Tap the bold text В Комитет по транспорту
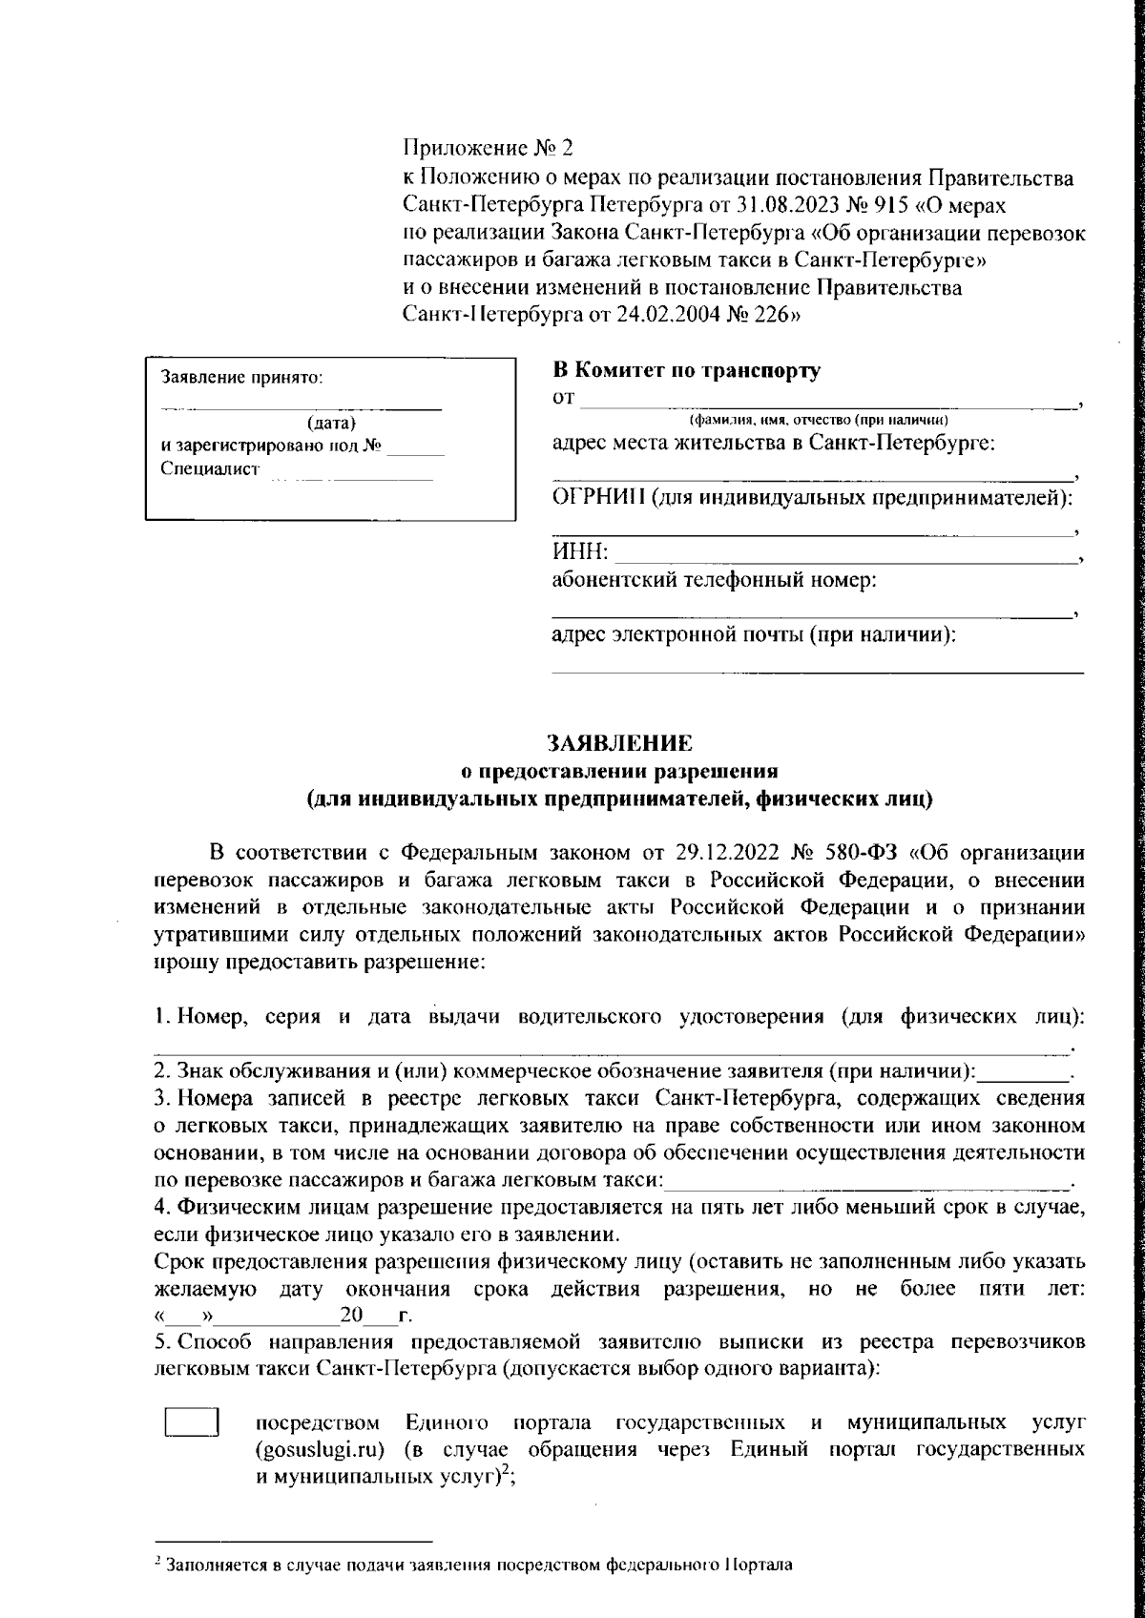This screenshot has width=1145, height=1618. coord(686,371)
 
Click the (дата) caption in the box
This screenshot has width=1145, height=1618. coord(331,423)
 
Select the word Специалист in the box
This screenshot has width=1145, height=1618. coord(210,469)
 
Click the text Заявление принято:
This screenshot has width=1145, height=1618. coord(242,378)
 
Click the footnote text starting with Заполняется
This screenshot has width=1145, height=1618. coord(477,1566)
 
